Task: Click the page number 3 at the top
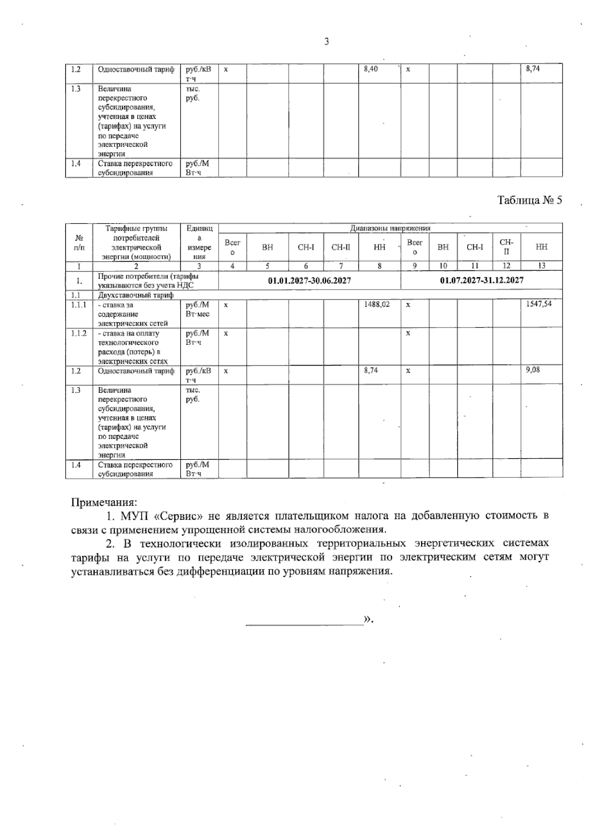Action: [327, 42]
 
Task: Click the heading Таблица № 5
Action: [529, 201]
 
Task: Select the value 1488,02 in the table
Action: [377, 304]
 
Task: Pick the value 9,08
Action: [532, 369]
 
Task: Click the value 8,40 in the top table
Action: [371, 69]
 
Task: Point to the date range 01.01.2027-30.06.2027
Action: [309, 280]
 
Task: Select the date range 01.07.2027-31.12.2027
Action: [481, 280]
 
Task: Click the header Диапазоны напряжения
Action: [390, 229]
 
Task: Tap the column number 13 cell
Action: [541, 266]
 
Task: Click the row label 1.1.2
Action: [78, 334]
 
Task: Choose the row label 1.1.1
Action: [78, 305]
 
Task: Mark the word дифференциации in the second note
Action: [219, 571]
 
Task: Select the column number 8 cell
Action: [379, 266]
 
